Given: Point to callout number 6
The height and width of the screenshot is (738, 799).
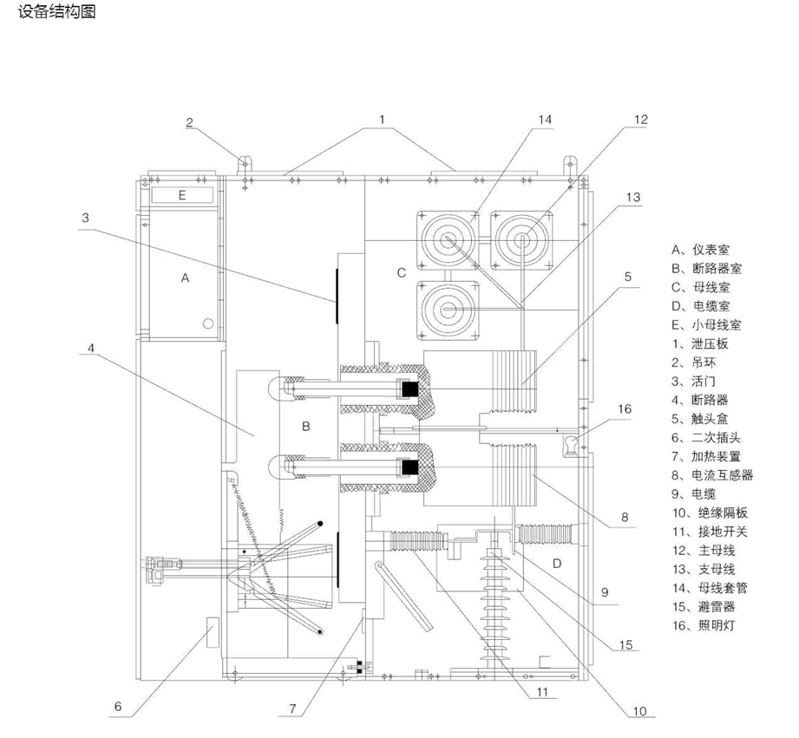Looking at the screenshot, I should point(118,706).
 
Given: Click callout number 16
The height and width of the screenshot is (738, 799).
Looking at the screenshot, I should point(625,408).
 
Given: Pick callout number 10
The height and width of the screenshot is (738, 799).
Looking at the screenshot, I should point(639,711).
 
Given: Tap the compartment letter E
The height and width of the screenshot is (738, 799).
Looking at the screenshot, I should point(182,195).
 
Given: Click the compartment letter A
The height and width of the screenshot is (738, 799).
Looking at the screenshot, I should point(184,278).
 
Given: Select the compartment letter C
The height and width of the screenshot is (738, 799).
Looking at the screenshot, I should point(401,272).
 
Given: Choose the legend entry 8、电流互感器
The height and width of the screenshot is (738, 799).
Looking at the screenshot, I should point(712,475).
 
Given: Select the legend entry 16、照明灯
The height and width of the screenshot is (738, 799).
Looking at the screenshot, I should point(704,624).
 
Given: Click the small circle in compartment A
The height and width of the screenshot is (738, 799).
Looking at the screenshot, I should point(208,323).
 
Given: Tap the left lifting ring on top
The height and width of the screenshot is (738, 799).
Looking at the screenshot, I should point(243,161).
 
